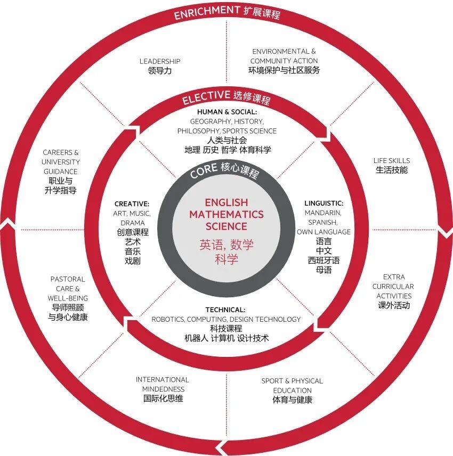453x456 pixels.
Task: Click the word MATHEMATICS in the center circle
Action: (x=226, y=215)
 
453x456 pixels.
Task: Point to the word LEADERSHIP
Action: (x=160, y=61)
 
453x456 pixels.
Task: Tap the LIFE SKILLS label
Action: (x=391, y=160)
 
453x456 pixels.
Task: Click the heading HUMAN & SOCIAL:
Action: (x=226, y=112)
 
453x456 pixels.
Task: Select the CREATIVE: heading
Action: (x=132, y=204)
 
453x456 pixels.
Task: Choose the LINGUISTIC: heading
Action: (x=323, y=203)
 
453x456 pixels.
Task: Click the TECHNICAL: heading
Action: (x=225, y=310)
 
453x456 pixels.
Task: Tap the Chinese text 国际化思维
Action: (x=163, y=398)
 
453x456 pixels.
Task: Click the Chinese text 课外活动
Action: (x=394, y=306)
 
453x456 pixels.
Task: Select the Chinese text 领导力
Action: (x=160, y=71)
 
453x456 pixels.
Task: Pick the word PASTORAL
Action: (x=68, y=279)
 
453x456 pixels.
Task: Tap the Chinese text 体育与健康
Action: (x=292, y=400)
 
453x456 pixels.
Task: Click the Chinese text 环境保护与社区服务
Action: (x=284, y=70)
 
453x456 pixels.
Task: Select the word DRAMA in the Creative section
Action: (x=132, y=223)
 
